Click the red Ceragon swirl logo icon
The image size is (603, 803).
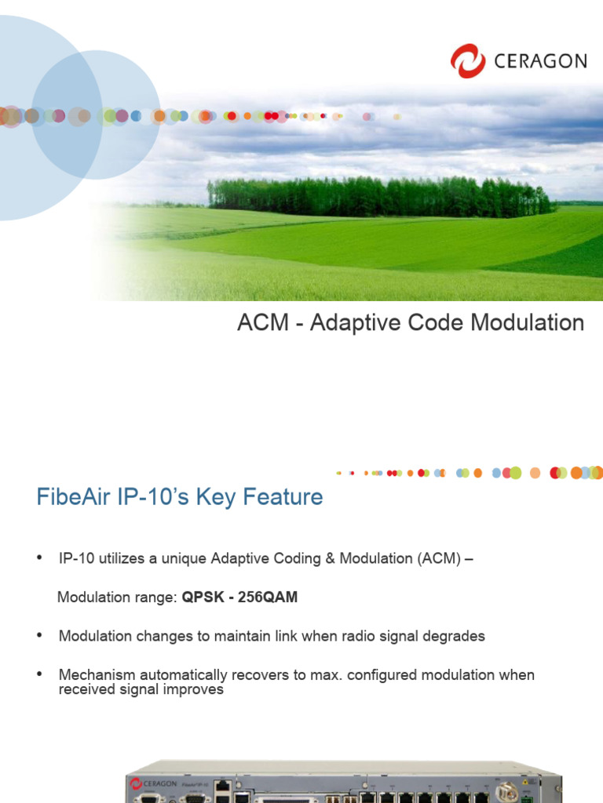[x=468, y=60]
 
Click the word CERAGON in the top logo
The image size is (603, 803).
[x=541, y=61]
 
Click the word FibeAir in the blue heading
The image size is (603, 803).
[x=73, y=497]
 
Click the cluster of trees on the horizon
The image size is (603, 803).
[x=377, y=196]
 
